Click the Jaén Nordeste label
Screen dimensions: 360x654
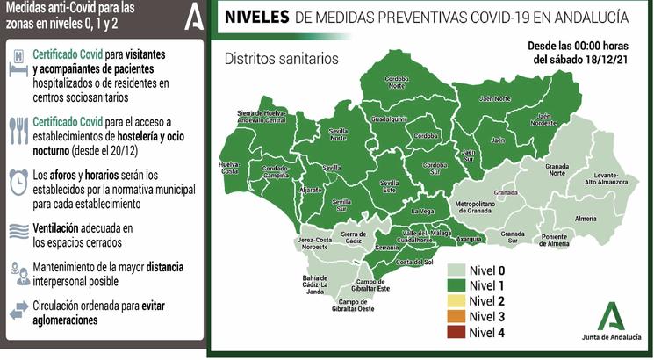pyautogui.click(x=544, y=119)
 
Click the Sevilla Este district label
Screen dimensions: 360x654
pyautogui.click(x=390, y=185)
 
